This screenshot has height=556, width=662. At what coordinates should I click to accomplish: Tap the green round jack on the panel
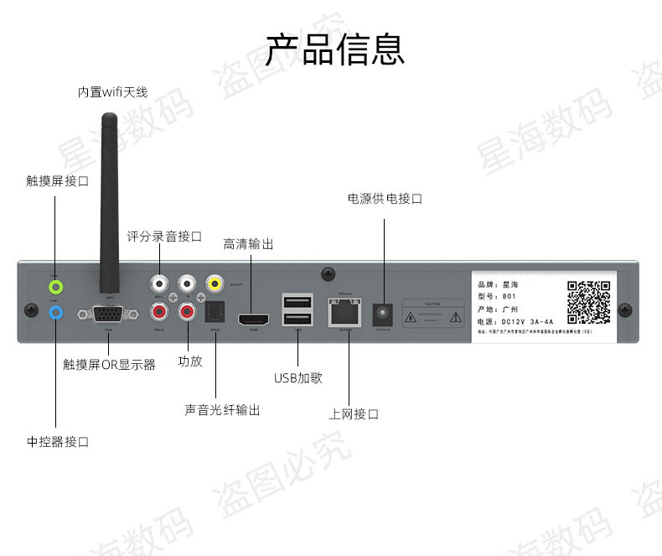pyautogui.click(x=55, y=286)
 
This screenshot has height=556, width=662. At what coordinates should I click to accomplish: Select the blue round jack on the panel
pyautogui.click(x=55, y=312)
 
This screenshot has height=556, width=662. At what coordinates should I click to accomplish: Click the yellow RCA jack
pyautogui.click(x=215, y=283)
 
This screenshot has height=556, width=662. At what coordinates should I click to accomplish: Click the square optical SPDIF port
pyautogui.click(x=215, y=313)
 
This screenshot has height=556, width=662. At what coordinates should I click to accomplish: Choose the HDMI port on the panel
pyautogui.click(x=254, y=320)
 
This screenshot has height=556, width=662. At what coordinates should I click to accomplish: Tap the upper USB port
pyautogui.click(x=298, y=301)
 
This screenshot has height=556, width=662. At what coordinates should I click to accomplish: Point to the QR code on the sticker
pyautogui.click(x=588, y=301)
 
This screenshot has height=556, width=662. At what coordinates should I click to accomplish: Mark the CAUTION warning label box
pyautogui.click(x=432, y=312)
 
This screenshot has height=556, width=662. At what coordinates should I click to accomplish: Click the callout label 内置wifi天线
pyautogui.click(x=112, y=92)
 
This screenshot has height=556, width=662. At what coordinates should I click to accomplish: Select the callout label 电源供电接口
pyautogui.click(x=385, y=199)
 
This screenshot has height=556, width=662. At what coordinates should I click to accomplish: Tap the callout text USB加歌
pyautogui.click(x=297, y=378)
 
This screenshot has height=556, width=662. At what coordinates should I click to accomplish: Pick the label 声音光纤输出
pyautogui.click(x=222, y=410)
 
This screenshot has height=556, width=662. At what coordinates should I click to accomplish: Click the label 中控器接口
pyautogui.click(x=58, y=442)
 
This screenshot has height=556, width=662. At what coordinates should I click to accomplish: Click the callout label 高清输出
pyautogui.click(x=248, y=244)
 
